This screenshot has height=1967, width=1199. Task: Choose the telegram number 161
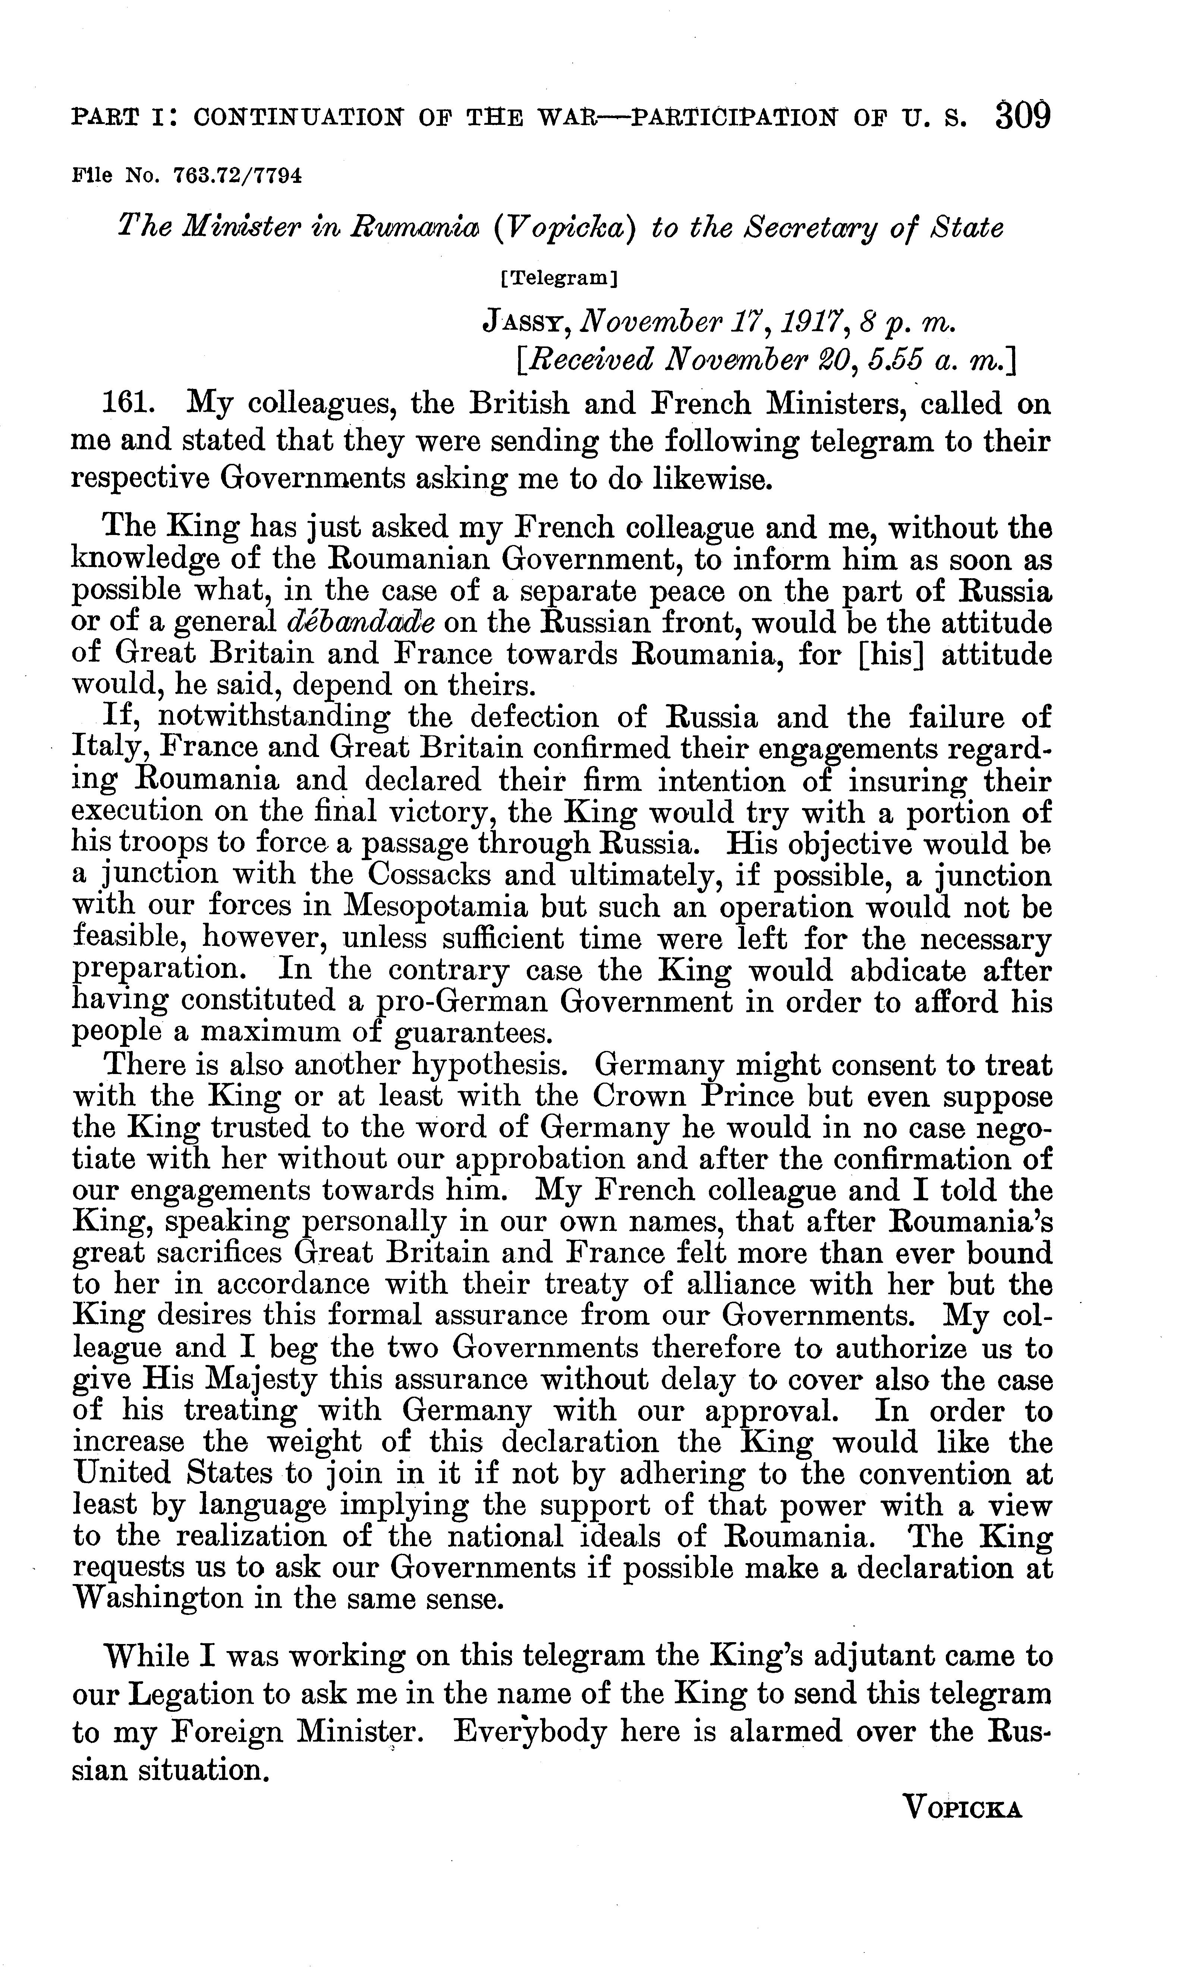click(128, 404)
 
